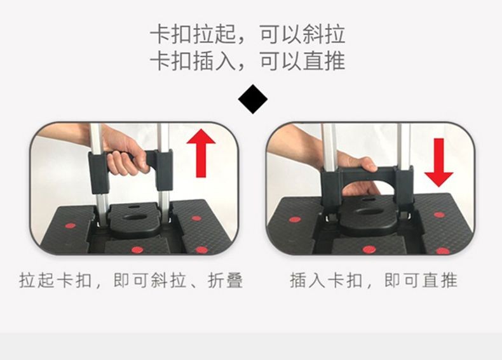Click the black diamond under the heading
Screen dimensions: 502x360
pyautogui.click(x=253, y=99)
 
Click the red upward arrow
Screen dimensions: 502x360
pyautogui.click(x=201, y=153)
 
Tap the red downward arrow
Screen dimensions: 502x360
pyautogui.click(x=438, y=163)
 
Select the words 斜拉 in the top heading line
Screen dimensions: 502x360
pyautogui.click(x=323, y=34)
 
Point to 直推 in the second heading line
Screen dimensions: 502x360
pyautogui.click(x=323, y=61)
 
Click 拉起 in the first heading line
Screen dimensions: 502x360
pyautogui.click(x=215, y=34)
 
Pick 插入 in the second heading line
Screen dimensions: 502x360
pyautogui.click(x=215, y=61)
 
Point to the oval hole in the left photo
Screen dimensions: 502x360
pyautogui.click(x=135, y=218)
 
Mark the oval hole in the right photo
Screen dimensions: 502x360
pyautogui.click(x=370, y=212)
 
